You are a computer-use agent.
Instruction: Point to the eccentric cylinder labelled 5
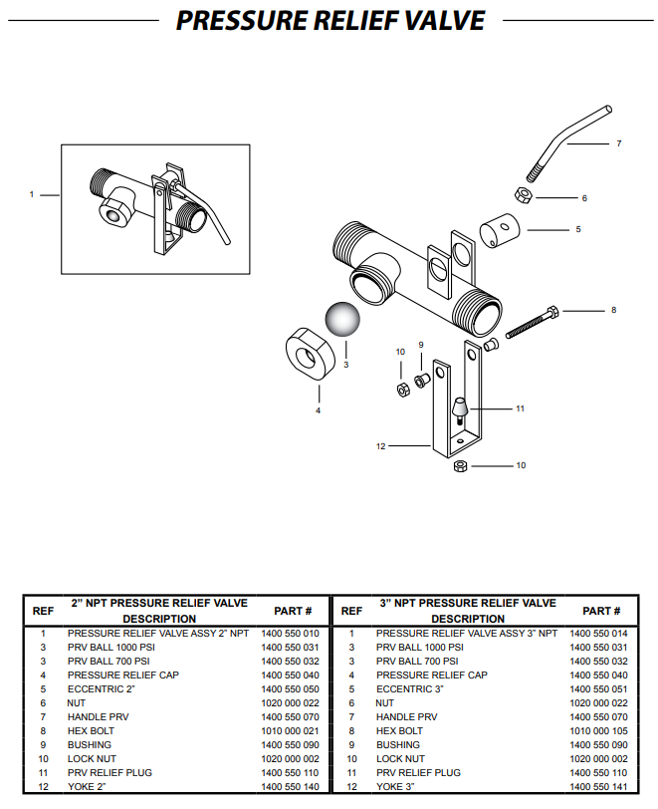pos(501,233)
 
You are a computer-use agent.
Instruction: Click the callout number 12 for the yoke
pos(380,446)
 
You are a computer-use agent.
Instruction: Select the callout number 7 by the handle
pos(618,143)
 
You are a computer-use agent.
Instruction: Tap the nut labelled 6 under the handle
pos(522,193)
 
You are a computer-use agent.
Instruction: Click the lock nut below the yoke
pos(461,466)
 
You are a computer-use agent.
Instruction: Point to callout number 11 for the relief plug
pos(519,408)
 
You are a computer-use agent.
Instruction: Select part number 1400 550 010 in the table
pos(290,633)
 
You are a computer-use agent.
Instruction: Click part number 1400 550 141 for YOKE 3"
pos(598,787)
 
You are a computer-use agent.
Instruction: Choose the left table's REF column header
pos(43,611)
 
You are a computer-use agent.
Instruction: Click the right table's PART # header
pos(601,611)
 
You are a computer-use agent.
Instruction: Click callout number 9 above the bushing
pos(421,345)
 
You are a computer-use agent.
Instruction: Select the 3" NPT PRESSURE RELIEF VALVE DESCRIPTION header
pos(468,611)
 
